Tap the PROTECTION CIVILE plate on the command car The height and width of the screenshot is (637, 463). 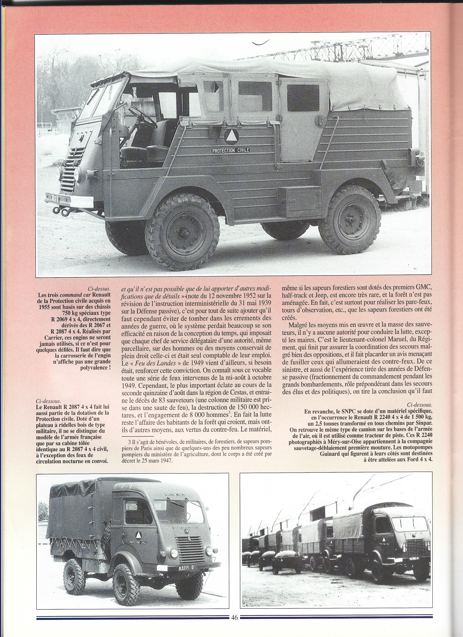231,150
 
